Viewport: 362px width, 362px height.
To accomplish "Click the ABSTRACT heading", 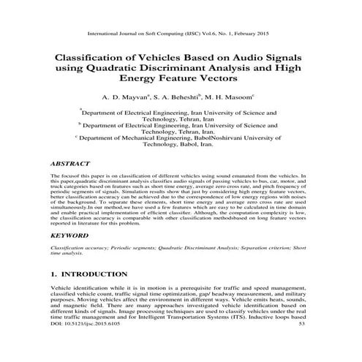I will pos(72,165).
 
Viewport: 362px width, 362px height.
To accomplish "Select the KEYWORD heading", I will pos(72,237).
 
